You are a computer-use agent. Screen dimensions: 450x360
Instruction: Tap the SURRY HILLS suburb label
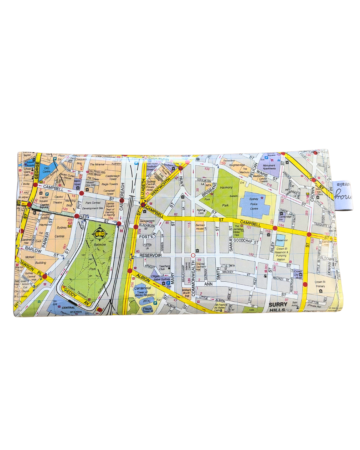click(278, 307)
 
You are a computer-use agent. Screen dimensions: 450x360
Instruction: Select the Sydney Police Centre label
click(254, 204)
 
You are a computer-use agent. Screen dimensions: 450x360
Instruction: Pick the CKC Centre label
click(47, 170)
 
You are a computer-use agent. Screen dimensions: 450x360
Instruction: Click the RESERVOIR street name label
click(150, 255)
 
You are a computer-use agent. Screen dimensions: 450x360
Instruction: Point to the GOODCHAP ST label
click(246, 241)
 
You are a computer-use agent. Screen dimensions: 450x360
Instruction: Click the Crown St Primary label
click(320, 284)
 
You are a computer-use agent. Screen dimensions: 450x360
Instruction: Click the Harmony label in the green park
click(226, 187)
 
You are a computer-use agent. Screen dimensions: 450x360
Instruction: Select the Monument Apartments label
click(269, 167)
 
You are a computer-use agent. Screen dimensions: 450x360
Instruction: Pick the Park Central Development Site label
click(93, 205)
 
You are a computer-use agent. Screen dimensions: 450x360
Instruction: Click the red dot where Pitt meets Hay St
click(77, 216)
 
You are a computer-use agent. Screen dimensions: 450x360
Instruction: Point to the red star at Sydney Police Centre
click(262, 198)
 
